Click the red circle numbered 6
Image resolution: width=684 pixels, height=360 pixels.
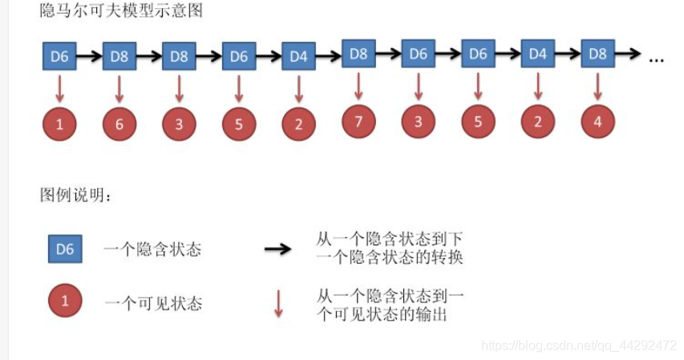coord(119,124)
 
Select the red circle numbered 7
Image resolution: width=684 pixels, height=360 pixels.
coord(358,122)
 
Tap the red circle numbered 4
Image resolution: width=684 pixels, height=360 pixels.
coord(597,122)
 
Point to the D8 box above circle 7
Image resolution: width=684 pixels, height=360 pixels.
coord(358,55)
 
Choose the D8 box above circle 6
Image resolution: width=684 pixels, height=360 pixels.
coord(119,57)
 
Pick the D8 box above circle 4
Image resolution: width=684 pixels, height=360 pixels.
coord(597,55)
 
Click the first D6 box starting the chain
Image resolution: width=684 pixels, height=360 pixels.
coord(59,57)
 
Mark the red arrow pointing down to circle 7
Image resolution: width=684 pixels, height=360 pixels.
coord(358,86)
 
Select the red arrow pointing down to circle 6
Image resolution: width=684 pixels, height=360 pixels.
coord(119,88)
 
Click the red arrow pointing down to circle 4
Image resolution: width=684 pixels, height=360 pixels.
coord(597,86)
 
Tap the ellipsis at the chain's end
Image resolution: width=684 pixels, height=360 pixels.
coord(657,58)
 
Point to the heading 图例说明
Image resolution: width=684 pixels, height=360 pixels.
coord(76,196)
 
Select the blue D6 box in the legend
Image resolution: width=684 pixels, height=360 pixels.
coord(64,249)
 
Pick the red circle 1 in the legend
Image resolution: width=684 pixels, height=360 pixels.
coord(64,302)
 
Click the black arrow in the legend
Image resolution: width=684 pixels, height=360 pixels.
coord(278,249)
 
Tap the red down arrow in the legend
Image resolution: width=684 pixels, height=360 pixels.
coord(278,303)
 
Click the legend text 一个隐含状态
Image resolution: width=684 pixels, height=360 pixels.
coord(152,249)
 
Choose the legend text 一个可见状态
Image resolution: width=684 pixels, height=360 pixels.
coord(152,303)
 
